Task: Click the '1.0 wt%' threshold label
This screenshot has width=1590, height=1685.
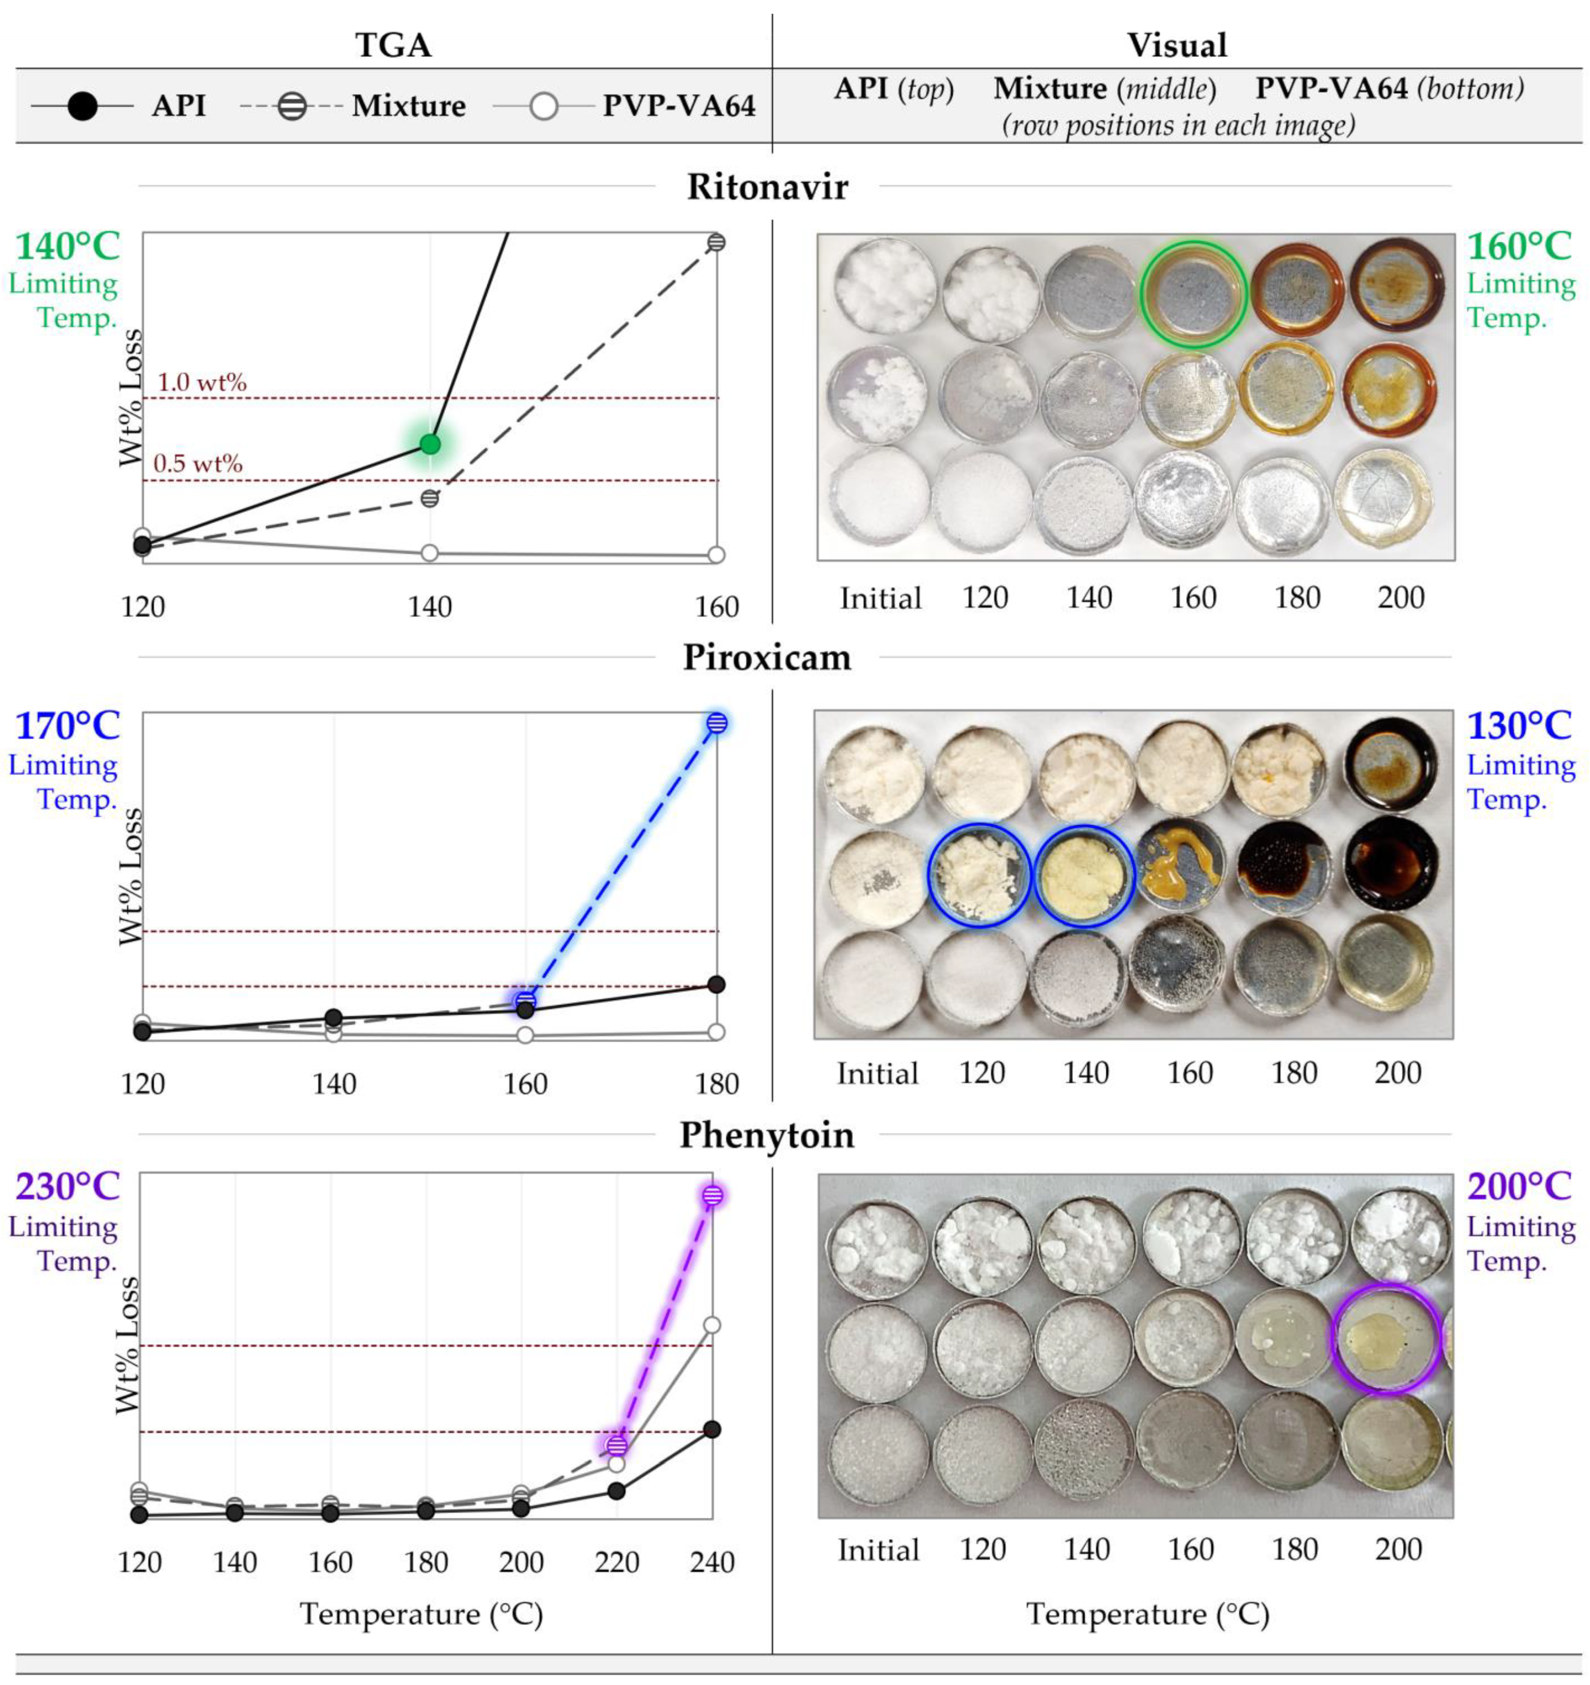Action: [202, 382]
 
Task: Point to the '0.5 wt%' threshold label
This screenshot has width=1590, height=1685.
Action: [198, 464]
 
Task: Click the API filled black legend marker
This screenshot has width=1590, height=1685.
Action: [82, 107]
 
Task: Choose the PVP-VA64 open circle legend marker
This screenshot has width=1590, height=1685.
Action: [543, 107]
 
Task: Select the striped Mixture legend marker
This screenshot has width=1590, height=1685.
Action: [292, 107]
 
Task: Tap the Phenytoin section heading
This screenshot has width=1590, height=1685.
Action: [767, 1135]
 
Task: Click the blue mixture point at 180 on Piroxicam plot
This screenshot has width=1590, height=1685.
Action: [717, 723]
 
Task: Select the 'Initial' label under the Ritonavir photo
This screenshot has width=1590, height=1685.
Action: [880, 598]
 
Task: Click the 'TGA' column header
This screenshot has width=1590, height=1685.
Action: [393, 45]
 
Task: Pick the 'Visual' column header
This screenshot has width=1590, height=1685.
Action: [1176, 45]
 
